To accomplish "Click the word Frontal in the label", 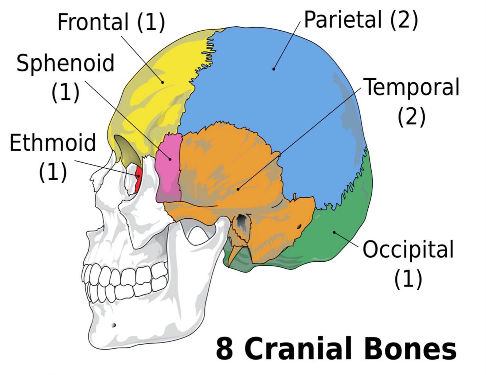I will click(93, 22).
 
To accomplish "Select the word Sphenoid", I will click(66, 63).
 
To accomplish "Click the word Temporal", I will click(412, 87).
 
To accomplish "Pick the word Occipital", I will click(408, 250).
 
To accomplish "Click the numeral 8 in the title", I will click(224, 349).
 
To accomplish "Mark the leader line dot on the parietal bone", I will click(274, 69).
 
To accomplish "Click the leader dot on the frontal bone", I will click(163, 82).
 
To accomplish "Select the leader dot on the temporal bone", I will click(238, 189).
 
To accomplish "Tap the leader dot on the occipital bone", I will click(334, 232).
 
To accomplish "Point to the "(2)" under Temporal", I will click(411, 117).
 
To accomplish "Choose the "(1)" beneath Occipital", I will click(408, 279).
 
